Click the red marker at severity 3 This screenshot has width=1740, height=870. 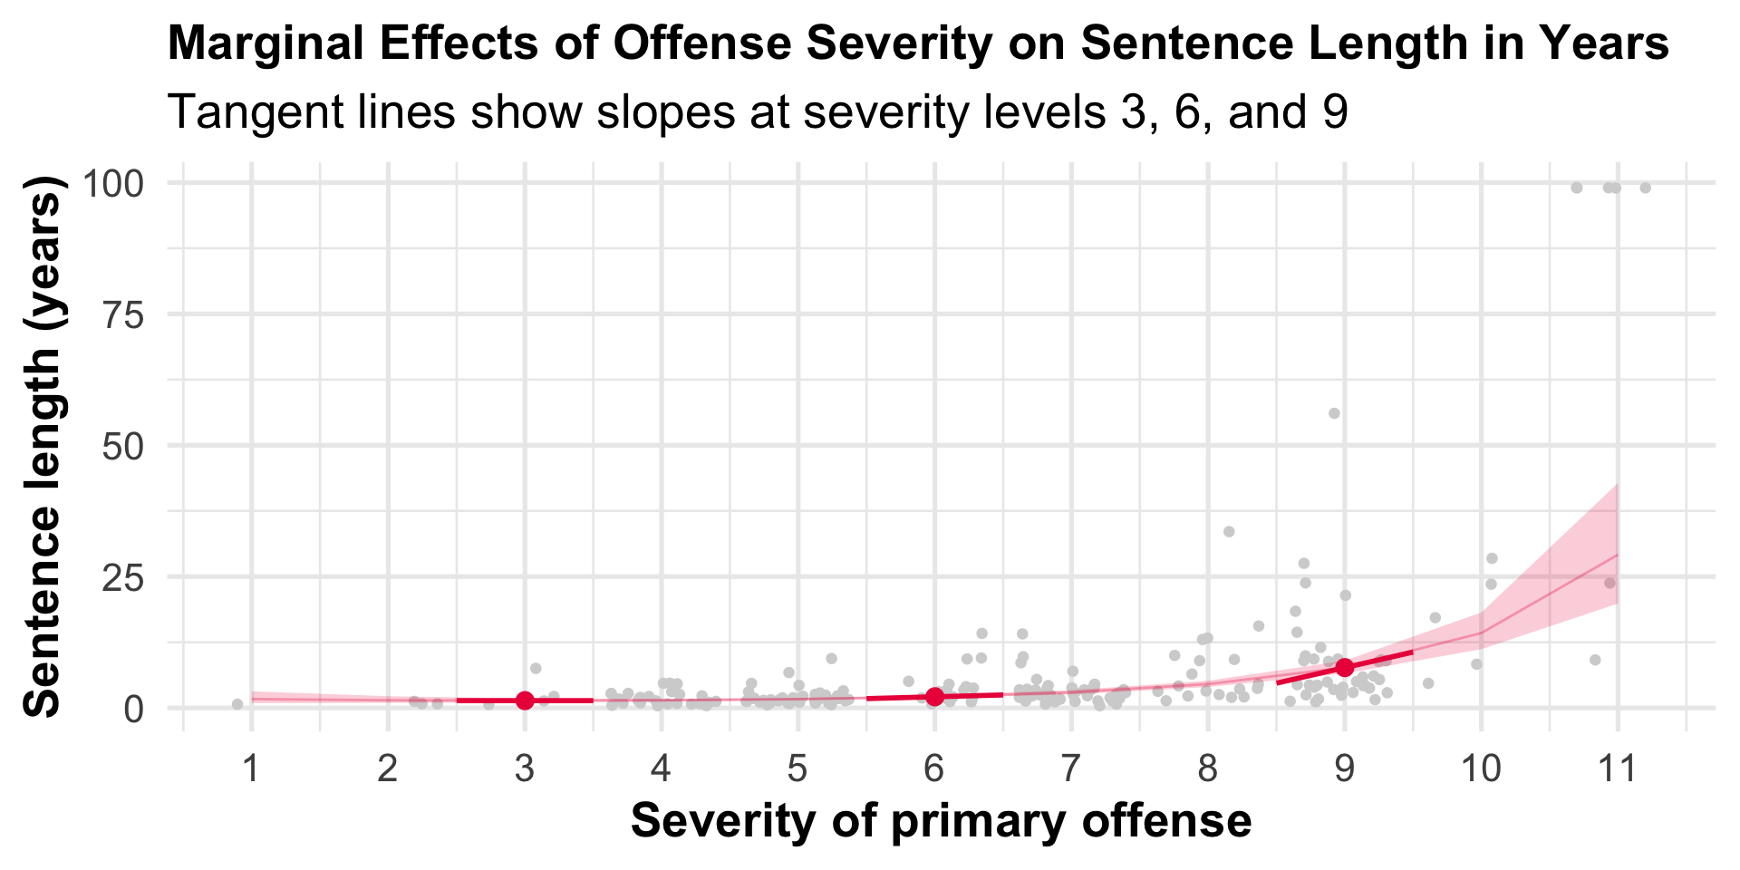(525, 701)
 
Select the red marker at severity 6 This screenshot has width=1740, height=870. (935, 696)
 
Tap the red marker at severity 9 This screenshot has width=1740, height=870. (1345, 667)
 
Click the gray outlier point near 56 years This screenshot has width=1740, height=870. (1334, 413)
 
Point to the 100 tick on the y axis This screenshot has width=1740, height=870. (113, 184)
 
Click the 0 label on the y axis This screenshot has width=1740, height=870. (135, 708)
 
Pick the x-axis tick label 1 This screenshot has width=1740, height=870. (251, 769)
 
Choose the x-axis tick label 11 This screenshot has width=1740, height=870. (1618, 769)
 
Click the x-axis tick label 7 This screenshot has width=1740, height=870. (1071, 769)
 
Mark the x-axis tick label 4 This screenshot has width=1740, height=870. (662, 769)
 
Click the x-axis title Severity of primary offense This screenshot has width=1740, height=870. (941, 821)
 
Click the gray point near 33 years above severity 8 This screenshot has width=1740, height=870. (1229, 532)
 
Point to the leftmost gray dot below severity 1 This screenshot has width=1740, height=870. (237, 704)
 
